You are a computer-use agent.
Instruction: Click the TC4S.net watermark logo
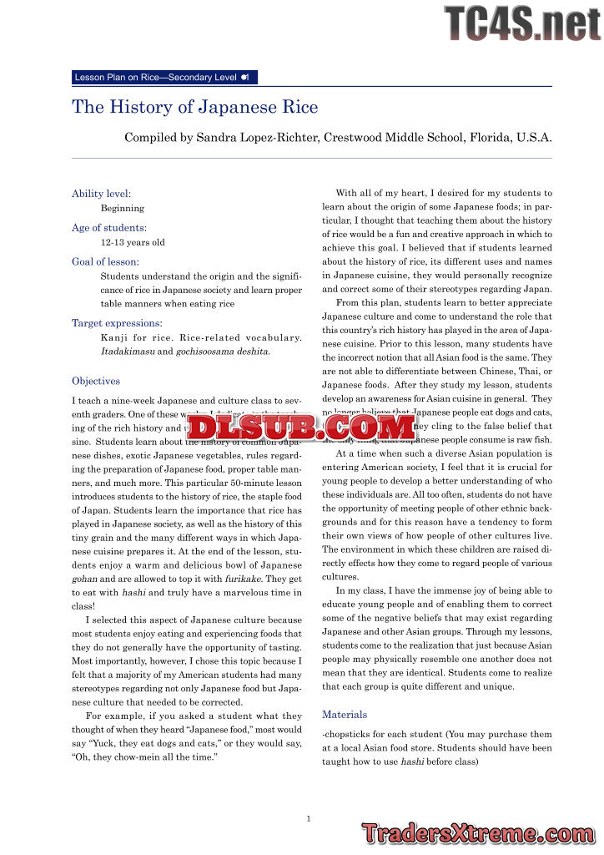[x=521, y=23]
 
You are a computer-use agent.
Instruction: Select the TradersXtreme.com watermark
[x=478, y=832]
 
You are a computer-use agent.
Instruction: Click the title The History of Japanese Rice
[x=195, y=108]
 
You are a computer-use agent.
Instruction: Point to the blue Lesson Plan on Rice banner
[x=164, y=78]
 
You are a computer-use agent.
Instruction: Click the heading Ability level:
[x=101, y=194]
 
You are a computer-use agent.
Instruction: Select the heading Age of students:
[x=109, y=227]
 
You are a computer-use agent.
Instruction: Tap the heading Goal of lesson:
[x=105, y=261]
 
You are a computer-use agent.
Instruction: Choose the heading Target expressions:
[x=117, y=322]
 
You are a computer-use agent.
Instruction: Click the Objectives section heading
[x=96, y=381]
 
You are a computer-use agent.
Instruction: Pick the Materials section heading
[x=345, y=715]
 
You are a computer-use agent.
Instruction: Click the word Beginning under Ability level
[x=122, y=209]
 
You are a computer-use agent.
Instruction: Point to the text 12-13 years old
[x=133, y=243]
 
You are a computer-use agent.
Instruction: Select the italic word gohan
[x=84, y=578]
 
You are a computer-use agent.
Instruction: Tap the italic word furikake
[x=243, y=578]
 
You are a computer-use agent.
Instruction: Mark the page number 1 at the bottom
[x=309, y=819]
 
